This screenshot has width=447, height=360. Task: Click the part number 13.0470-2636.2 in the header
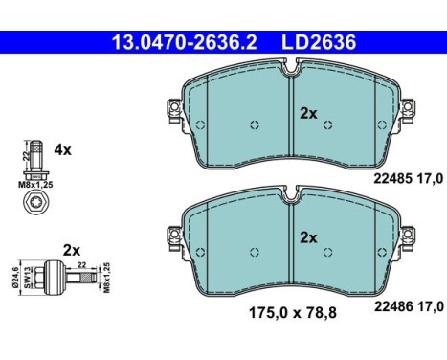pyautogui.click(x=185, y=42)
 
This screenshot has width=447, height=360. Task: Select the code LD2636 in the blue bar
pyautogui.click(x=319, y=42)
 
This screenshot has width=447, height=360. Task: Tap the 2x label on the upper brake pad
pyautogui.click(x=308, y=113)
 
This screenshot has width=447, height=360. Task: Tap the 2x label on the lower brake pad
pyautogui.click(x=308, y=237)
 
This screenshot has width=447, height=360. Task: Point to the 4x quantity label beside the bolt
pyautogui.click(x=62, y=149)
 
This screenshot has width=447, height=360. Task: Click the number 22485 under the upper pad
pyautogui.click(x=392, y=179)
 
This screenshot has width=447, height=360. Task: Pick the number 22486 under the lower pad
pyautogui.click(x=392, y=306)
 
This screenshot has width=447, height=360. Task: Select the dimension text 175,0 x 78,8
pyautogui.click(x=293, y=312)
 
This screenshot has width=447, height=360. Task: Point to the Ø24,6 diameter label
pyautogui.click(x=16, y=277)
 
